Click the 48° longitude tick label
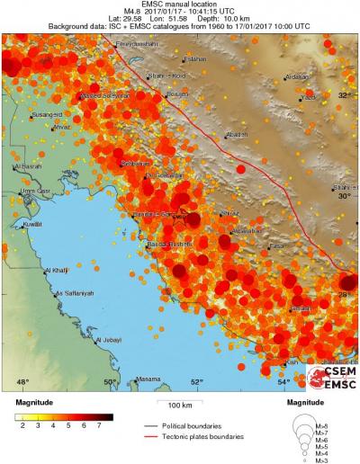coord(22,382)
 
